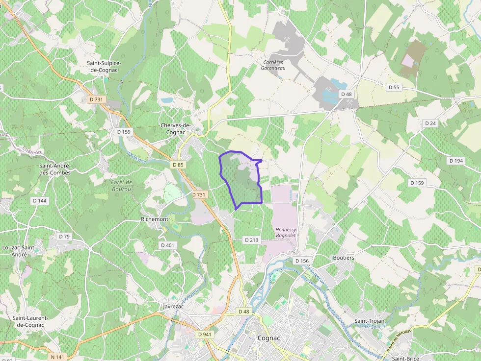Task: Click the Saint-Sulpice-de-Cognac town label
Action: [x=104, y=67]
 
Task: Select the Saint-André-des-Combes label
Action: [x=55, y=169]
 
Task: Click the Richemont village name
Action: [x=154, y=219]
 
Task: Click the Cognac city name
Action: [x=269, y=338]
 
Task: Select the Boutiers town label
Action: [x=344, y=258]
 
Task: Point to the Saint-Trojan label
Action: [x=370, y=321]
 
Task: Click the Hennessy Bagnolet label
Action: [x=286, y=233]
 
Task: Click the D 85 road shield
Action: [x=178, y=165]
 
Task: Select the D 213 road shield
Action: [x=251, y=240]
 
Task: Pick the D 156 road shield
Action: [x=301, y=261]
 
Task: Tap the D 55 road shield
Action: [x=394, y=87]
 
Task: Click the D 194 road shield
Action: [x=456, y=161]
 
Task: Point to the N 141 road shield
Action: [x=57, y=357]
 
